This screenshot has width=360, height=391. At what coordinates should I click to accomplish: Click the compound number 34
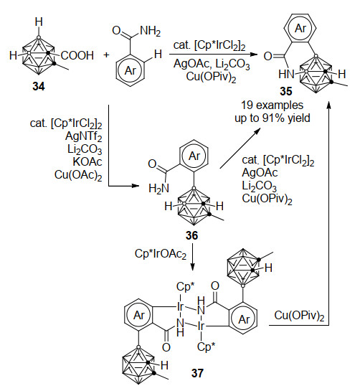(39, 87)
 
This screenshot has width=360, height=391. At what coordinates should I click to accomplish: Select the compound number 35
(285, 91)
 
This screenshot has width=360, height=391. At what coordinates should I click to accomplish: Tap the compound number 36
(191, 235)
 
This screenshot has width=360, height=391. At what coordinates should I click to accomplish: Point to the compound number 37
(198, 373)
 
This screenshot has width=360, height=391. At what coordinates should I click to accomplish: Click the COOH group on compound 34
(77, 55)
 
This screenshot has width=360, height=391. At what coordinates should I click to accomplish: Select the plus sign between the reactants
(106, 55)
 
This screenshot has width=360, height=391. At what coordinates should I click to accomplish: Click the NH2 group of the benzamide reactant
(151, 31)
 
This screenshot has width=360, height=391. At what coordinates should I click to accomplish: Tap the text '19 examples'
(273, 105)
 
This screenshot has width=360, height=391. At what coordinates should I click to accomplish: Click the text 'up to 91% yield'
(273, 118)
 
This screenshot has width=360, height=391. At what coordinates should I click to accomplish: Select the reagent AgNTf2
(84, 136)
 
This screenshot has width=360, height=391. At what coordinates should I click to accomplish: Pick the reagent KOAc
(87, 162)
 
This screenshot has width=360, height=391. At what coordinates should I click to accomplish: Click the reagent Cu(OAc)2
(78, 175)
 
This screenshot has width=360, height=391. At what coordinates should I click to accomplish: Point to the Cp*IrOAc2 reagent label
(161, 254)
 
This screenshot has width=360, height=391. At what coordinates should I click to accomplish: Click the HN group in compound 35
(286, 74)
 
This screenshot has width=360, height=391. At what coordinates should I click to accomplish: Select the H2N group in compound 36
(158, 188)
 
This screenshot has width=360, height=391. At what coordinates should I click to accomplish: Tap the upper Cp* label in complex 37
(185, 287)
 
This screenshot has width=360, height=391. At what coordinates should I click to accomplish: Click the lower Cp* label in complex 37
(206, 347)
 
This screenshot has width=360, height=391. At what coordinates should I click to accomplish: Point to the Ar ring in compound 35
(300, 29)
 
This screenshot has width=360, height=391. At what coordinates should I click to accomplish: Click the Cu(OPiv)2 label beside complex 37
(299, 316)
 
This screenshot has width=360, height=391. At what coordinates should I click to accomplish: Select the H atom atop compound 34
(39, 22)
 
